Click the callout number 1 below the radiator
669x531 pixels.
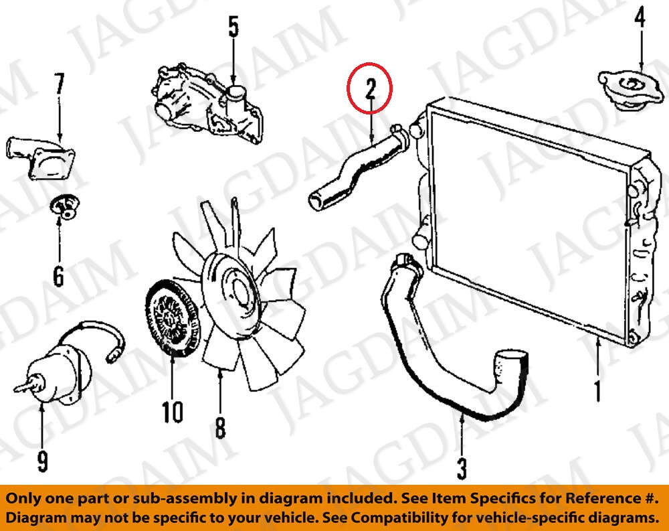[x=597, y=390]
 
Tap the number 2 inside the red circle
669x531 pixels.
[x=370, y=89]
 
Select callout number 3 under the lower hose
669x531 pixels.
[x=462, y=468]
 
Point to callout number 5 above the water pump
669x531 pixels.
[x=233, y=26]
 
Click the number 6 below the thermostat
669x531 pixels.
[x=58, y=275]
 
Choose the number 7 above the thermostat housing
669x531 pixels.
[x=60, y=84]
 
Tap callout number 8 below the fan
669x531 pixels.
[x=220, y=427]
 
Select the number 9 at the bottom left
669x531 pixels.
[x=42, y=461]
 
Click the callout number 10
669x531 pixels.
[x=173, y=412]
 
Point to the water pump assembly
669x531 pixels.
[x=208, y=104]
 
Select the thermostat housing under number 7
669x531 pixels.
[x=41, y=157]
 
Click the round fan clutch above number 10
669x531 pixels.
[x=173, y=318]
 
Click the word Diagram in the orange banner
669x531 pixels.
[x=36, y=518]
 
